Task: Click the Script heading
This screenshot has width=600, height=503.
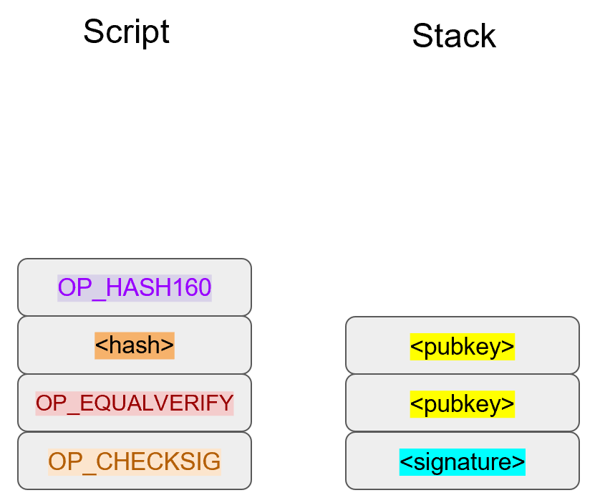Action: tap(126, 32)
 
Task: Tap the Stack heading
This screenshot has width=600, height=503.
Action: tap(454, 36)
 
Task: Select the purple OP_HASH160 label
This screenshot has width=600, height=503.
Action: tap(135, 287)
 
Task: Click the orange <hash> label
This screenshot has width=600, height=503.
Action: tap(135, 345)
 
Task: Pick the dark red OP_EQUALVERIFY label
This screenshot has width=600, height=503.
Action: tap(135, 403)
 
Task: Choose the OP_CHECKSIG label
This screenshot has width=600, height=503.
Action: tap(135, 461)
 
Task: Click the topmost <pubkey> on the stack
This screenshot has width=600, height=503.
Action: tap(463, 346)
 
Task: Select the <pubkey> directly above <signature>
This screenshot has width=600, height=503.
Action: tap(463, 404)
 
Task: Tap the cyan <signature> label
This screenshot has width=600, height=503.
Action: tap(463, 462)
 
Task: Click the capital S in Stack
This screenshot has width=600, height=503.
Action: tap(422, 36)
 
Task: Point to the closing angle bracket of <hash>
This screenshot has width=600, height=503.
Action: tap(168, 346)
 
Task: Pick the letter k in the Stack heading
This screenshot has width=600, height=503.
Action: tap(488, 36)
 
